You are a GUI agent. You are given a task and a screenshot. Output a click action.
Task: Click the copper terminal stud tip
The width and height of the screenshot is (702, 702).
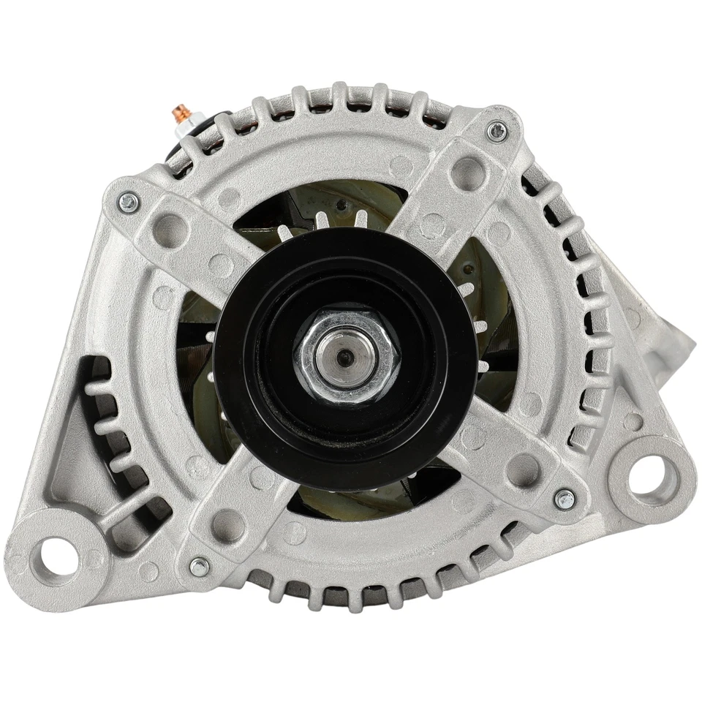click(x=178, y=114)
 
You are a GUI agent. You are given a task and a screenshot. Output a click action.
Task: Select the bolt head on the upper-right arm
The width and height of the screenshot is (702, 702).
click(x=496, y=132)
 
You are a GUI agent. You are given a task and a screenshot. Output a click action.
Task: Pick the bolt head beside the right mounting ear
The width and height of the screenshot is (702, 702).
click(x=564, y=500)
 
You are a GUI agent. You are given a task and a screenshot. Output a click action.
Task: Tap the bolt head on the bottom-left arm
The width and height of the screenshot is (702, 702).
click(x=198, y=566)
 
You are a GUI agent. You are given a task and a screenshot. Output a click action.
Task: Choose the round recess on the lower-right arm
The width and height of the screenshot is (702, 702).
click(x=524, y=467)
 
